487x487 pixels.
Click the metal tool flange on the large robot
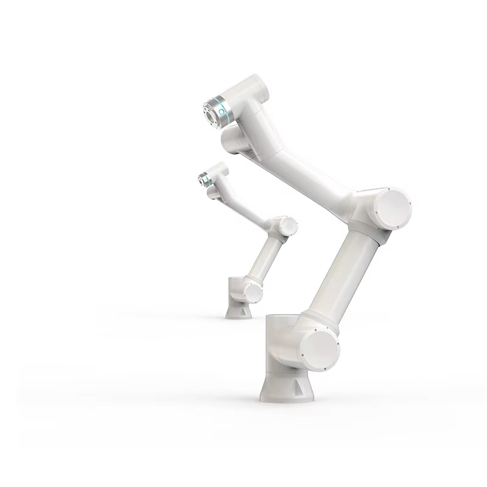click(x=211, y=113)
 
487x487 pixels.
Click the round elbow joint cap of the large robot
click(x=392, y=208)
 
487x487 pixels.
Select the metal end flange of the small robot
click(x=202, y=178)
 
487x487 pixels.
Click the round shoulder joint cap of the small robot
click(x=253, y=293)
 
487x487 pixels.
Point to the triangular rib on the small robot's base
click(x=239, y=311)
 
